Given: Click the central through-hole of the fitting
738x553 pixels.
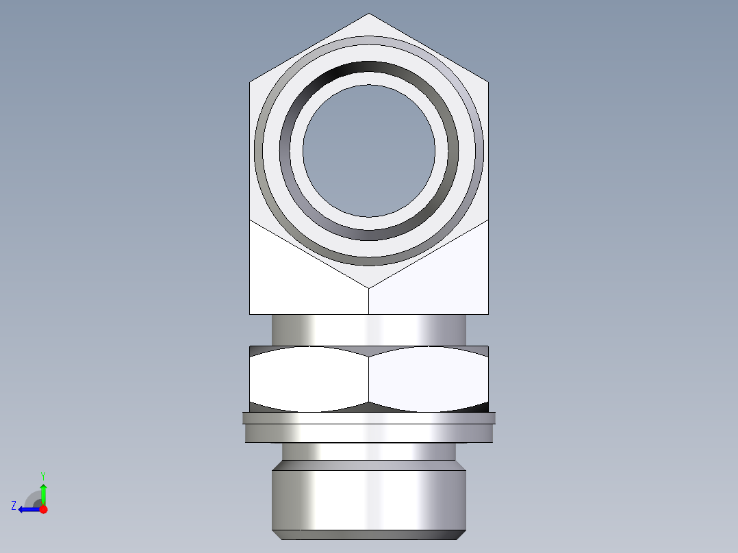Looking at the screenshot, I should pyautogui.click(x=369, y=151).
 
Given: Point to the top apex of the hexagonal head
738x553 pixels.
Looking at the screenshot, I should pyautogui.click(x=369, y=14).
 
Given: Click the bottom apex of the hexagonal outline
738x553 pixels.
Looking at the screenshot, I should pyautogui.click(x=369, y=287).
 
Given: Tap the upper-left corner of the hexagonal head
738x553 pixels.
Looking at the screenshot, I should pyautogui.click(x=251, y=83).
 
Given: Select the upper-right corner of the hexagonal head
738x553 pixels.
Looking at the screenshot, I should pyautogui.click(x=487, y=83).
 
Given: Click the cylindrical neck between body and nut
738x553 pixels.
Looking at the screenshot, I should pyautogui.click(x=369, y=329).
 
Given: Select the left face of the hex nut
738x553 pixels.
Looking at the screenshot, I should pyautogui.click(x=308, y=379).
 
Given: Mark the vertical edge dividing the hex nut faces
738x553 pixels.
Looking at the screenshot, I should pyautogui.click(x=369, y=379).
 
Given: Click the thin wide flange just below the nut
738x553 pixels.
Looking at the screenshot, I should pyautogui.click(x=369, y=417).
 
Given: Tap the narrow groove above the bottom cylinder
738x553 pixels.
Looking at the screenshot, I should pyautogui.click(x=369, y=452).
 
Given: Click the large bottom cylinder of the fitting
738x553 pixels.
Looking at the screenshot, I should pyautogui.click(x=369, y=496).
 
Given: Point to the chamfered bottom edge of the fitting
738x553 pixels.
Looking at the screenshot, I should pyautogui.click(x=369, y=535).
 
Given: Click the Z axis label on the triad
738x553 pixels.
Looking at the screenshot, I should pyautogui.click(x=13, y=506).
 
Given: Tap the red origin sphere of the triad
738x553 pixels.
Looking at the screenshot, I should pyautogui.click(x=43, y=509).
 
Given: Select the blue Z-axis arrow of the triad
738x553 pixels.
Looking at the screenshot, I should pyautogui.click(x=27, y=509).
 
